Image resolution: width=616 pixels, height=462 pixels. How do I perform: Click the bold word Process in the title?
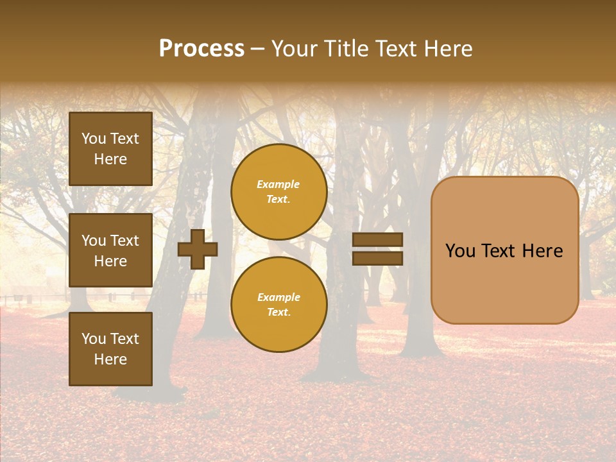tap(201, 49)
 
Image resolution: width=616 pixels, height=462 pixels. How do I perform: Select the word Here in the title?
tap(448, 49)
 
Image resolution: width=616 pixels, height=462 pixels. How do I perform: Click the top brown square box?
tap(110, 149)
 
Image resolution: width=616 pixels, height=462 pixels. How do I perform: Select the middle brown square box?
tap(110, 250)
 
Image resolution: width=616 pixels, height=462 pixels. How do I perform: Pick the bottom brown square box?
tap(110, 349)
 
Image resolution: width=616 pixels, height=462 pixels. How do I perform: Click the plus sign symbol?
tap(198, 250)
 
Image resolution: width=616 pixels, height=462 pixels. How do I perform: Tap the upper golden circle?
tap(278, 192)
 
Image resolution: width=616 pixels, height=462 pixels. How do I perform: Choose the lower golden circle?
tap(278, 305)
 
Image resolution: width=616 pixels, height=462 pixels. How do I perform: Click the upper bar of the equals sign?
tap(377, 240)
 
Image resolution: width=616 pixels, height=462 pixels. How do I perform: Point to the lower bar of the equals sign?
tap(377, 259)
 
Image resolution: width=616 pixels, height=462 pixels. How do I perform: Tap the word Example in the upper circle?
tap(278, 185)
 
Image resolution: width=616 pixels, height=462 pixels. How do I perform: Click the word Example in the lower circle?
tap(278, 298)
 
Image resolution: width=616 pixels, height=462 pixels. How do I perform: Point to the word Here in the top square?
tap(110, 160)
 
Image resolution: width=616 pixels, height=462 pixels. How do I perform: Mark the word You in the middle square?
tap(94, 241)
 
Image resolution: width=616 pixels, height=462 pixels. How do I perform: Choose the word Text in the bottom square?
tap(124, 339)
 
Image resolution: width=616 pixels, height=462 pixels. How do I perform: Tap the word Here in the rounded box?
tap(543, 251)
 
